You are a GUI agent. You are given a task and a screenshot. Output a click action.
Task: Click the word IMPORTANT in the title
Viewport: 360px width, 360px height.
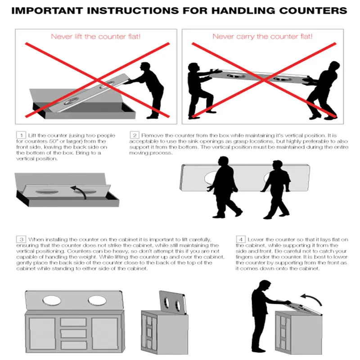point(47,11)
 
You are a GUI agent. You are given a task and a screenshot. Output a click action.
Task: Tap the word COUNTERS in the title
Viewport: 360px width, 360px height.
point(313,11)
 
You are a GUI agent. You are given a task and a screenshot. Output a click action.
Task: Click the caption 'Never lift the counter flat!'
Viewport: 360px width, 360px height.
point(95,36)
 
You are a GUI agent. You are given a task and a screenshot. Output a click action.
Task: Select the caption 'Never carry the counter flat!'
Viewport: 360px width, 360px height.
point(262,36)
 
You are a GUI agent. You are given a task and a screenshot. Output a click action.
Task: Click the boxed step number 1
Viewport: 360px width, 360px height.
point(21,135)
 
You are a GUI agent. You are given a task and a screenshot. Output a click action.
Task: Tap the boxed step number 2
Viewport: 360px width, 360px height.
point(135,135)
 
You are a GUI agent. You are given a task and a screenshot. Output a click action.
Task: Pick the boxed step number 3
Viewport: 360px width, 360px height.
point(21,239)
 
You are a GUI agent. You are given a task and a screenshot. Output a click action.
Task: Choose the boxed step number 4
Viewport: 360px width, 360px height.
point(241,239)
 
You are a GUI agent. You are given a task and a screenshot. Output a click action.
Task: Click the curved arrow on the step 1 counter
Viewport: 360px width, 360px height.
point(81,190)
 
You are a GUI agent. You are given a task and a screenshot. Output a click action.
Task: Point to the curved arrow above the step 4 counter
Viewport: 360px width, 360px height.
point(313,298)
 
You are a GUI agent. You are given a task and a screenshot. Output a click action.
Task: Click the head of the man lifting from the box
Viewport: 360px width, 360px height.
point(145,67)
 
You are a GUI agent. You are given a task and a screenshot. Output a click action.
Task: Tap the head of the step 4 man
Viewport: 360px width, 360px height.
point(265,285)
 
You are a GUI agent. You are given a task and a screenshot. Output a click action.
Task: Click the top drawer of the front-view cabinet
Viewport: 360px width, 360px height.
point(73,322)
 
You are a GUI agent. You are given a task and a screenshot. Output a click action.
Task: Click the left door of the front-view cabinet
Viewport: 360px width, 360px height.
point(42,333)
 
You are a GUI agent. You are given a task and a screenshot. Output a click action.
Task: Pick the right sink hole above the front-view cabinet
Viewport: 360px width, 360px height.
point(97,301)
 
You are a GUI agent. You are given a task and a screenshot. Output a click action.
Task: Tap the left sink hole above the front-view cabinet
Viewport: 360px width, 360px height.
point(52,301)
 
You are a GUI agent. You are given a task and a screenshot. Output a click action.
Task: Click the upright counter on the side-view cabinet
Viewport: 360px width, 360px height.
point(173,302)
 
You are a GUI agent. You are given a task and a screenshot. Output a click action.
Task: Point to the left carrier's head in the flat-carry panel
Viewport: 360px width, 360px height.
point(193,68)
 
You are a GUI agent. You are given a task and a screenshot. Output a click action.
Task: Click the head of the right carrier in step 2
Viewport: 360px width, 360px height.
point(277,166)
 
